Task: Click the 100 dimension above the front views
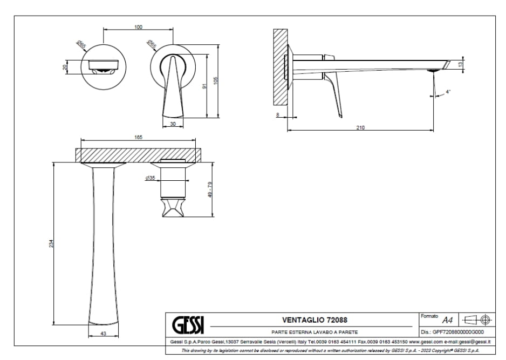[x=138, y=26]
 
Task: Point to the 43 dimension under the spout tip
[x=103, y=334]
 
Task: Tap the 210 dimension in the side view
[x=360, y=127]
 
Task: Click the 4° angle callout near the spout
[x=448, y=92]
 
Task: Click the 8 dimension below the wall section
[x=277, y=115]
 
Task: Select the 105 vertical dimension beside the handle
[x=215, y=80]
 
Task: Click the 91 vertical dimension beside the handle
[x=203, y=86]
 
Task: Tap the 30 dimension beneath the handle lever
[x=173, y=124]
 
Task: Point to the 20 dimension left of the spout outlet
[x=66, y=67]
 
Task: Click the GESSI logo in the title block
[x=188, y=324]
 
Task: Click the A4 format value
[x=447, y=320]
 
